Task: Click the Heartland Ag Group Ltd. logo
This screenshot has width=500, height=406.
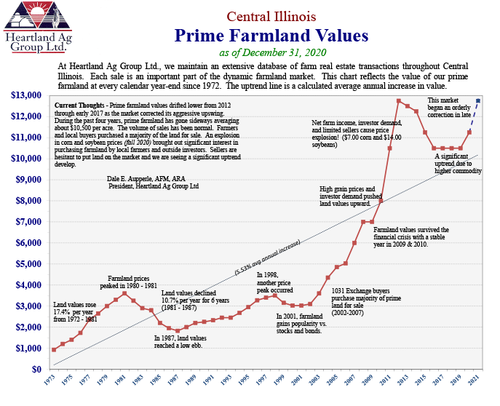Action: (33, 28)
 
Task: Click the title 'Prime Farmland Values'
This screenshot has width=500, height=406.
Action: (271, 36)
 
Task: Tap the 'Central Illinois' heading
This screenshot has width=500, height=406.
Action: (271, 16)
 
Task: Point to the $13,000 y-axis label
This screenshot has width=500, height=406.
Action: (25, 95)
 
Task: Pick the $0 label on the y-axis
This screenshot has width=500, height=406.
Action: (35, 370)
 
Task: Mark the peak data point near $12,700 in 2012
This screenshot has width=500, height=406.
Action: (399, 100)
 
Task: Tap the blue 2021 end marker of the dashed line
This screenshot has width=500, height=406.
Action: (478, 100)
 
